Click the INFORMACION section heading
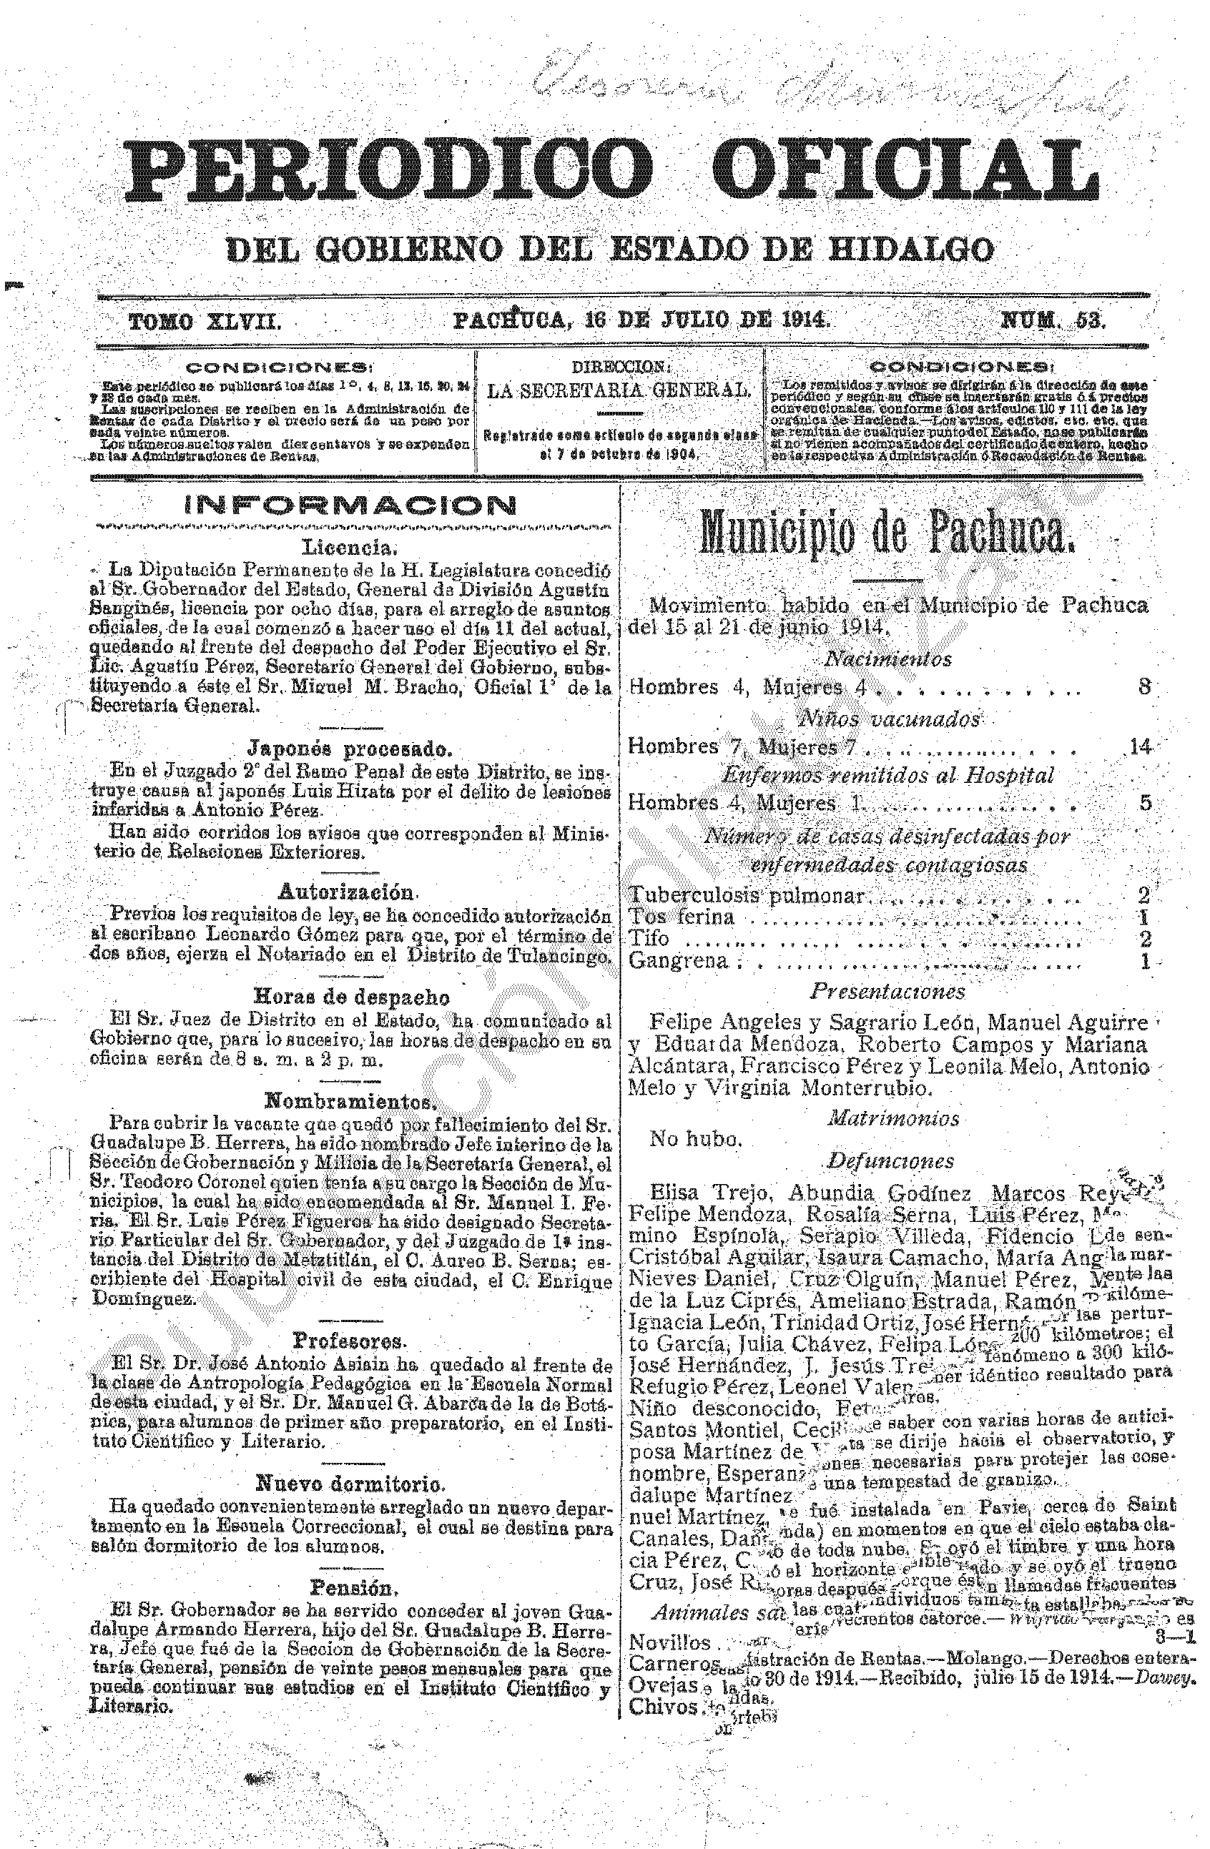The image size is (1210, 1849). [350, 506]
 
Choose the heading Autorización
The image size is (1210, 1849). [346, 890]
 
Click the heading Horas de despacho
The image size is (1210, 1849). [351, 997]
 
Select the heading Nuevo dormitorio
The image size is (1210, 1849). [350, 1484]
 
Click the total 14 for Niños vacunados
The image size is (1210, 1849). [1140, 747]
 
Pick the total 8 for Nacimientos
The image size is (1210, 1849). [1144, 687]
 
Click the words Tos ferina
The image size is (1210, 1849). [681, 917]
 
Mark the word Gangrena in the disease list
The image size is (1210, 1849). [679, 961]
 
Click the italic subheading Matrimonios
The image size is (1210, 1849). [893, 1119]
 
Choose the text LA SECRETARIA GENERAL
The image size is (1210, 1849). [619, 391]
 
